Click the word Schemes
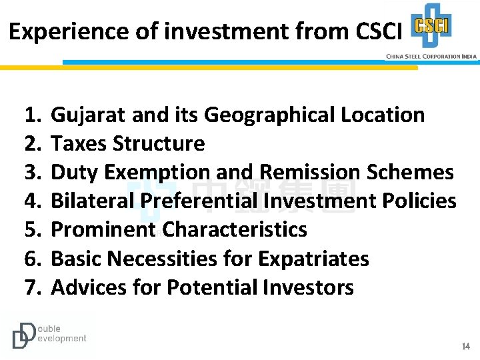click(411, 173)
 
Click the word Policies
click(417, 201)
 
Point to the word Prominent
click(103, 230)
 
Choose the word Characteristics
click(235, 230)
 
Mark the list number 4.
click(31, 201)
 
